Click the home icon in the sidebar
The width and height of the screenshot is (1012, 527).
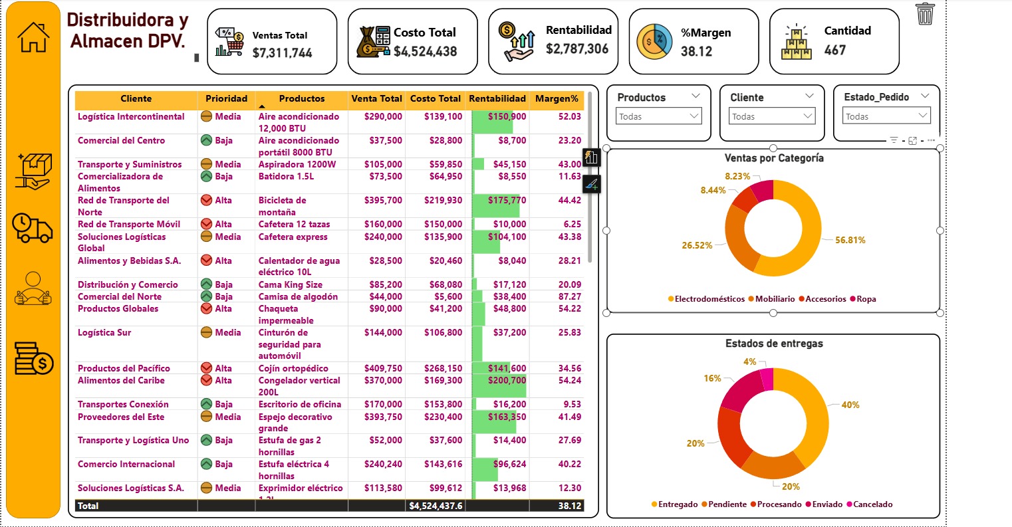pos(33,37)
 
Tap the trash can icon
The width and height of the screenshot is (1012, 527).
pos(925,14)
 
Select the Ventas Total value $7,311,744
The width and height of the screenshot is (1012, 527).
pos(282,53)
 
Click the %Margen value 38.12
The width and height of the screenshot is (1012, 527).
pos(696,51)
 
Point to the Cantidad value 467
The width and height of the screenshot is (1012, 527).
pos(835,50)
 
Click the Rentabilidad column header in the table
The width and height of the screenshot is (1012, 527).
pos(497,99)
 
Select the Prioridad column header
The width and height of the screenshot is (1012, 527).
pos(226,99)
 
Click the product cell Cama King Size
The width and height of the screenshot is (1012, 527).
pos(290,285)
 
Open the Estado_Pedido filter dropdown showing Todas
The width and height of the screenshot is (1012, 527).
pos(885,117)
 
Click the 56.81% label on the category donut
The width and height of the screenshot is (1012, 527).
pos(850,241)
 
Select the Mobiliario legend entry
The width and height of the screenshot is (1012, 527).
pos(775,299)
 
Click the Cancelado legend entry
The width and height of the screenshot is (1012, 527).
pos(872,504)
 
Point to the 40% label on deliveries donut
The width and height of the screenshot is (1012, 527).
pos(850,405)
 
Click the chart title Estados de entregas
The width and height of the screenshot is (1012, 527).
pos(773,344)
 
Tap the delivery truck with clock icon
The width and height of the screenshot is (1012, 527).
pos(33,228)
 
